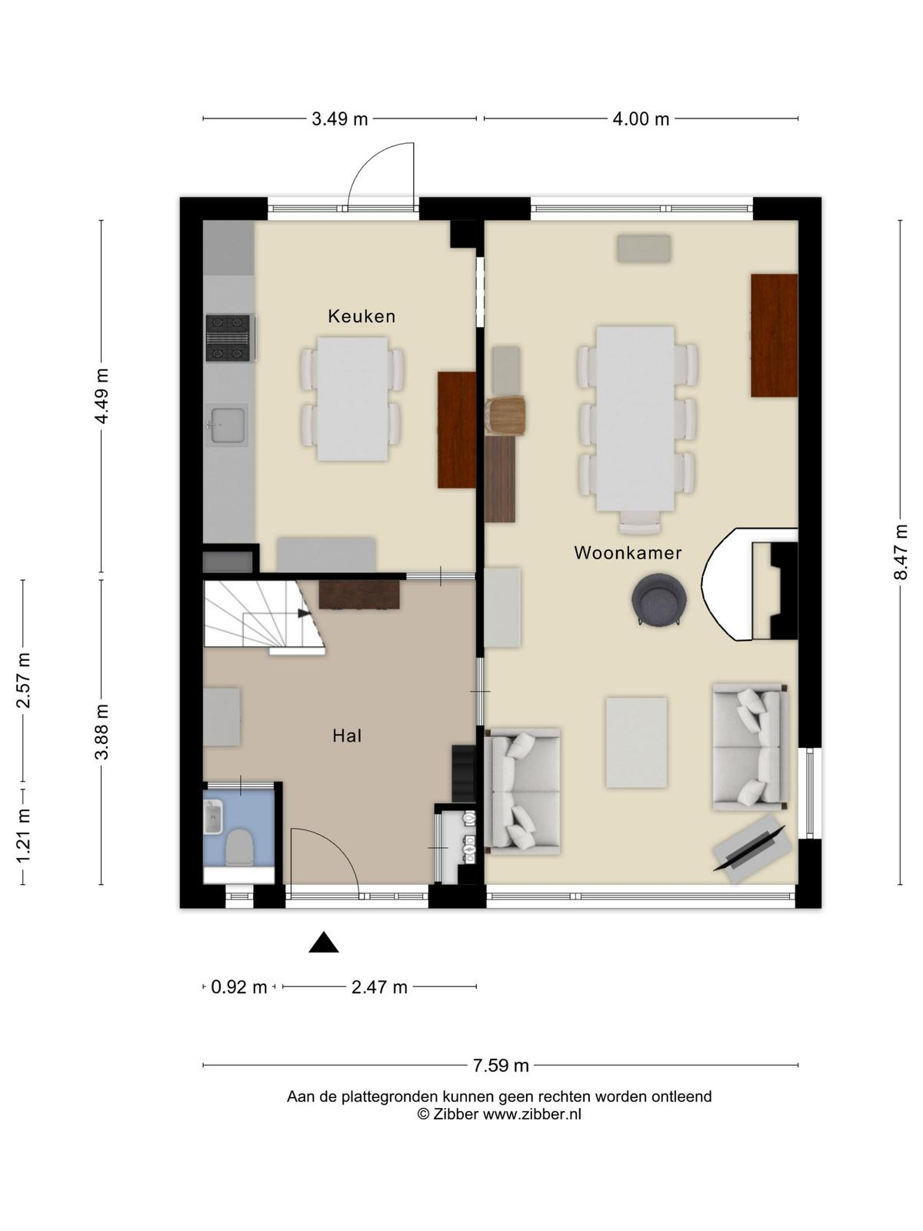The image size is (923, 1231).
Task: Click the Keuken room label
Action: pos(362,316)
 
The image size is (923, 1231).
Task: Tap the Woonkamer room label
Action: pos(628,553)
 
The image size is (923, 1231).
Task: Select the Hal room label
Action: pos(347,736)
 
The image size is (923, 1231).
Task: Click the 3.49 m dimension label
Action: pos(340,119)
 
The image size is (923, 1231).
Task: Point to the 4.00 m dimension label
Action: pos(641,119)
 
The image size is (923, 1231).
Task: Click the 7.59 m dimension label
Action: pos(501,1065)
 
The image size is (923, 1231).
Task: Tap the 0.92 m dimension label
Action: pos(238,986)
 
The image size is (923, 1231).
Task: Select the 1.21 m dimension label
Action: pos(23,837)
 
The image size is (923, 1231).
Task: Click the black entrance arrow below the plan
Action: pos(323,942)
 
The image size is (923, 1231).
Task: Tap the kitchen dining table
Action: pos(352,399)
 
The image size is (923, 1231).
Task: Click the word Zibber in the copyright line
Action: pos(455,1113)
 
